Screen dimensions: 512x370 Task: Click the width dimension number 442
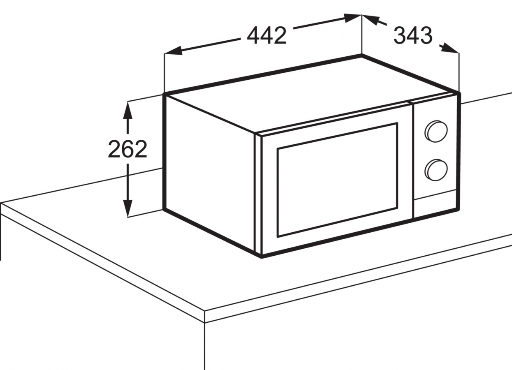[266, 35]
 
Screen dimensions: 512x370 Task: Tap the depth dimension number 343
[413, 35]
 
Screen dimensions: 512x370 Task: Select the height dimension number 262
[127, 149]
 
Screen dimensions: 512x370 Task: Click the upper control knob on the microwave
[436, 132]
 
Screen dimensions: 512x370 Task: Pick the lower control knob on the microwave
[436, 170]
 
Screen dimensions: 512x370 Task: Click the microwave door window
[337, 180]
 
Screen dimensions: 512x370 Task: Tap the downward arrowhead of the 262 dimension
[127, 208]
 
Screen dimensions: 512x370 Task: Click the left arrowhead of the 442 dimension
[173, 51]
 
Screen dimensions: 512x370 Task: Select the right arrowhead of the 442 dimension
[353, 18]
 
